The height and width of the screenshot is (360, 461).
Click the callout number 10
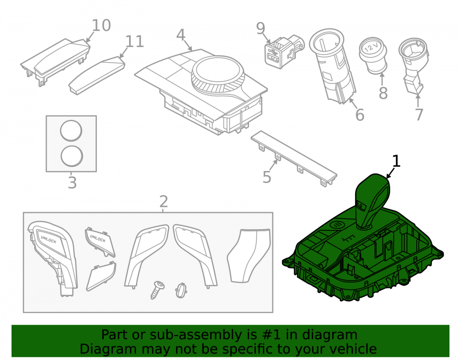click(101, 25)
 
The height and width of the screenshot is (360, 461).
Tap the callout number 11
click(135, 41)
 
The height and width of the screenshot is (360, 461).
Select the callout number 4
click(181, 35)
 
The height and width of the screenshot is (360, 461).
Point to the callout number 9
click(260, 29)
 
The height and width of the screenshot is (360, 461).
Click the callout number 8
click(383, 93)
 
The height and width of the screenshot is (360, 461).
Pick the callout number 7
click(419, 115)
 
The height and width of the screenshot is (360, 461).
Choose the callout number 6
click(360, 115)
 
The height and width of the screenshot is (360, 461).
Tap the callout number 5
click(266, 177)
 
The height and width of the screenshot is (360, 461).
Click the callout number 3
click(72, 183)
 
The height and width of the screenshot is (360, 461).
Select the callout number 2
click(164, 201)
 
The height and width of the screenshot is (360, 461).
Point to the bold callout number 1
click(396, 161)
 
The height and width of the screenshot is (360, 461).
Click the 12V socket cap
click(373, 55)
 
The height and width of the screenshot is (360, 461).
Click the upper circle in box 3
click(71, 130)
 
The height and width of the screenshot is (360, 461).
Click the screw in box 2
click(157, 290)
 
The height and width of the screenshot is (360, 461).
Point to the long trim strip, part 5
click(294, 158)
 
